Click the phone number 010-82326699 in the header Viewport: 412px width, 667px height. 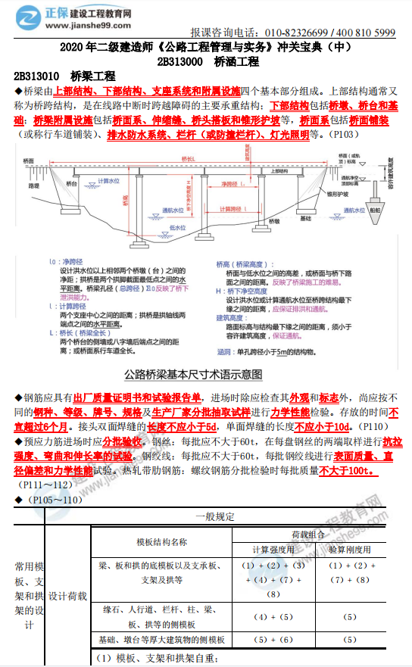[x=295, y=33]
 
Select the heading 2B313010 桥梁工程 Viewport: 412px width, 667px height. [x=64, y=76]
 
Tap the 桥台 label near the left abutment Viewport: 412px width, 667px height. [x=72, y=184]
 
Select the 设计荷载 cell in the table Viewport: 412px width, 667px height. [x=67, y=596]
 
